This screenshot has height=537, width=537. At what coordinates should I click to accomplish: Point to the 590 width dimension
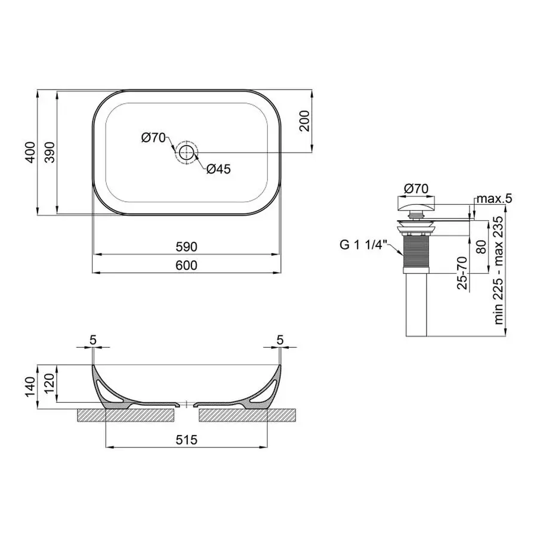pyautogui.click(x=186, y=246)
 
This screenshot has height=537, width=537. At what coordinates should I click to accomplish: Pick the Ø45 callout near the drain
pyautogui.click(x=218, y=169)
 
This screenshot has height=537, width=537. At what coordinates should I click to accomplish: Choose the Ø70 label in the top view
pyautogui.click(x=153, y=138)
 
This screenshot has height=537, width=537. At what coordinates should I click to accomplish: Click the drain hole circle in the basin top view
pyautogui.click(x=187, y=152)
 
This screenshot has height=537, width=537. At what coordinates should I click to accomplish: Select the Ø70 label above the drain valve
pyautogui.click(x=416, y=188)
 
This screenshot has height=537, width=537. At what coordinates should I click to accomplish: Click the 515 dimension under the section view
pyautogui.click(x=186, y=439)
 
